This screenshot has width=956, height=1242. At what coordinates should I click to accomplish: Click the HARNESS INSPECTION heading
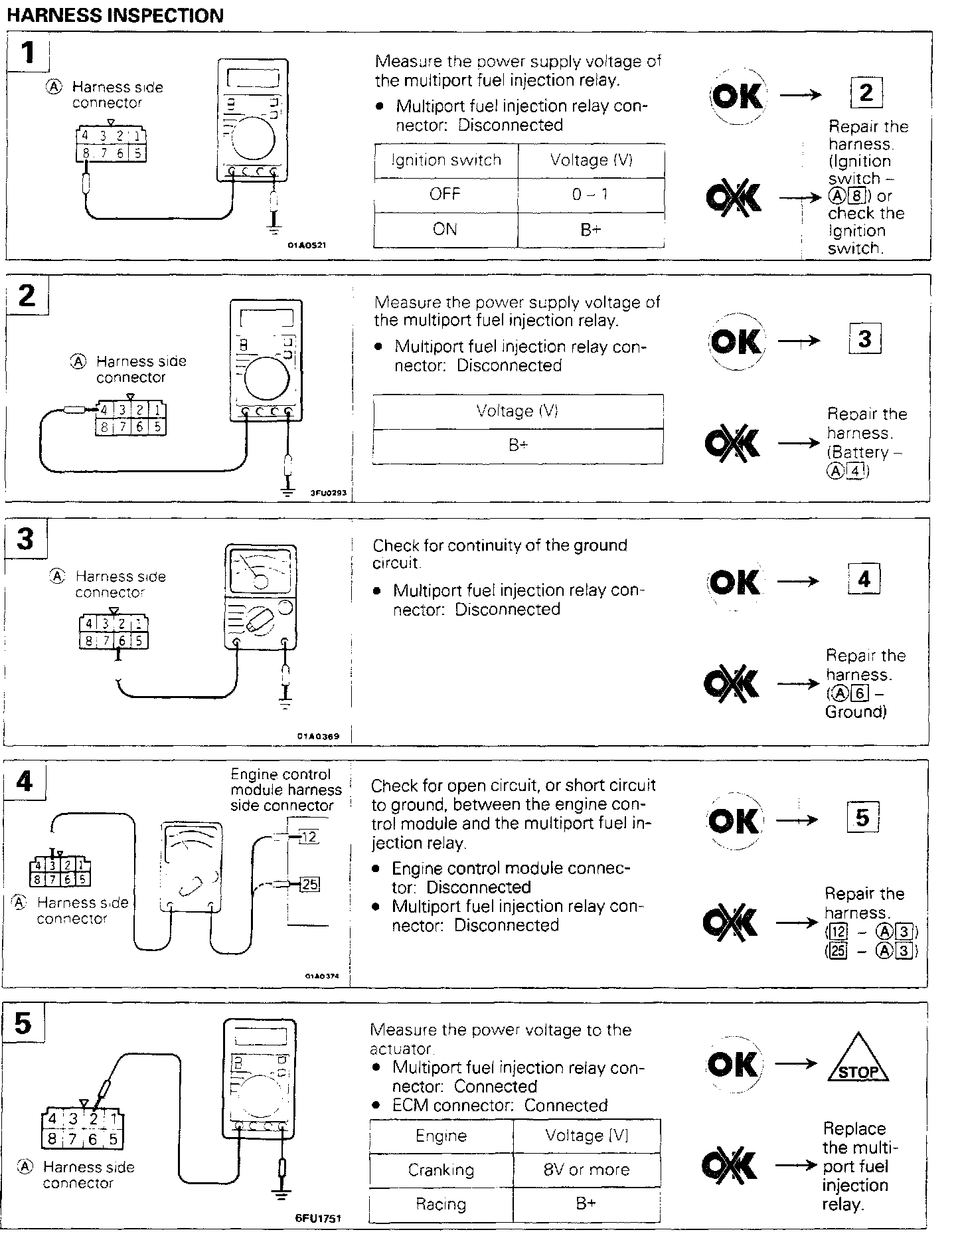pyautogui.click(x=115, y=15)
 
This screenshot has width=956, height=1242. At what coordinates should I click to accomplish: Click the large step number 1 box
pyautogui.click(x=28, y=53)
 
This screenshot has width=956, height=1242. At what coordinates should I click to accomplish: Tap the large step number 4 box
pyautogui.click(x=25, y=781)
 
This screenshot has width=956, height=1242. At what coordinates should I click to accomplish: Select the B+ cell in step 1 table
pyautogui.click(x=591, y=230)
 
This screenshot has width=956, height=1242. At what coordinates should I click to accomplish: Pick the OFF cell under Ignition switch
pyautogui.click(x=445, y=195)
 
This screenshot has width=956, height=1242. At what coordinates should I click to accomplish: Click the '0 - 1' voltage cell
pyautogui.click(x=591, y=195)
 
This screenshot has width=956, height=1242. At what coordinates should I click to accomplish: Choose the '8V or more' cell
pyautogui.click(x=586, y=1169)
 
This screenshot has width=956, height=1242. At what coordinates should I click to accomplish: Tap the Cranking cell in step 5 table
pyautogui.click(x=441, y=1169)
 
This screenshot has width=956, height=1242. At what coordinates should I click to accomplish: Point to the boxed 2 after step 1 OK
pyautogui.click(x=866, y=92)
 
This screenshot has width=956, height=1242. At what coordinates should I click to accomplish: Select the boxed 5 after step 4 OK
pyautogui.click(x=862, y=817)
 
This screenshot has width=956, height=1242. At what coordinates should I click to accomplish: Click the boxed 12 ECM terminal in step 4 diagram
pyautogui.click(x=309, y=837)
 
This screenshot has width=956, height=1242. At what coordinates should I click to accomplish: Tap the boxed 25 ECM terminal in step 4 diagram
pyautogui.click(x=309, y=884)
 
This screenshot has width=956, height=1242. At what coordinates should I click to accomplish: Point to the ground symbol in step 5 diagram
pyautogui.click(x=282, y=1195)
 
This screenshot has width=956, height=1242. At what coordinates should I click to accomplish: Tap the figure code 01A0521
pyautogui.click(x=307, y=245)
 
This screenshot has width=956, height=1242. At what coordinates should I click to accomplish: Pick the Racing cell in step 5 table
pyautogui.click(x=441, y=1203)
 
